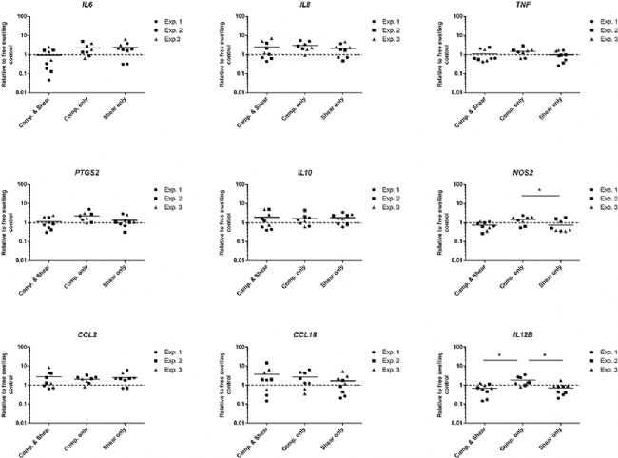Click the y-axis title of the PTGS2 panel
point(8,222)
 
